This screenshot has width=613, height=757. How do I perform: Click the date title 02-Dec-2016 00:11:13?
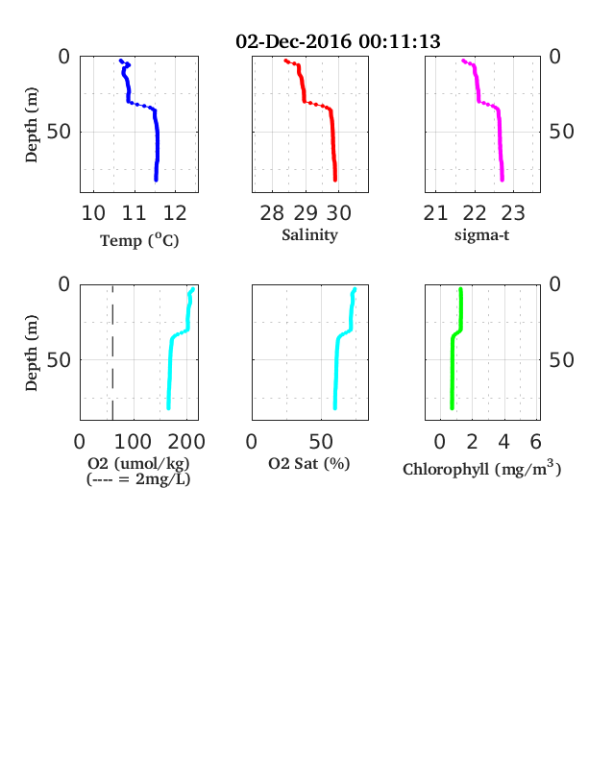[338, 41]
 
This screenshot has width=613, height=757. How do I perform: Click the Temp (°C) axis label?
[139, 240]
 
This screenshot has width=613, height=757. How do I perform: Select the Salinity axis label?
[309, 234]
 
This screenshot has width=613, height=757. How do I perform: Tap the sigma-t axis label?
[481, 235]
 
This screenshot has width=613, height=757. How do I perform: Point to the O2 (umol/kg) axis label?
[138, 463]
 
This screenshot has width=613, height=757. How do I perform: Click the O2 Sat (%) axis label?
[309, 463]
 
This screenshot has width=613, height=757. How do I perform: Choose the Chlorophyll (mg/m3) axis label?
[481, 469]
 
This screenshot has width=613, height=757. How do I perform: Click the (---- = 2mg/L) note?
[138, 479]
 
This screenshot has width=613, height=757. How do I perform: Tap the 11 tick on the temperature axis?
[134, 213]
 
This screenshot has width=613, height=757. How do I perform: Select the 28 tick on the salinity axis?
[272, 213]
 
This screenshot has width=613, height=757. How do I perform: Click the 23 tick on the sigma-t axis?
[513, 213]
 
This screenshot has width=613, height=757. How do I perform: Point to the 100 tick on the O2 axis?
[133, 442]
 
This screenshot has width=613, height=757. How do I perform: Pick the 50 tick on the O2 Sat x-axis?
[321, 442]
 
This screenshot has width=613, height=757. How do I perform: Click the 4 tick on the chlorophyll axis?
[503, 442]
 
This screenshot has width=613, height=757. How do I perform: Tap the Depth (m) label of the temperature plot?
[31, 125]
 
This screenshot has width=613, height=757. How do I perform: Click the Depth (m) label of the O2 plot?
[31, 353]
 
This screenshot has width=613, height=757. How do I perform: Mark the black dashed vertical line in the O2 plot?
[112, 353]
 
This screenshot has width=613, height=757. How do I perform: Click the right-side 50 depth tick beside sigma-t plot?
[561, 132]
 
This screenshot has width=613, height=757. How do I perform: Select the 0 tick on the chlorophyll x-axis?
[440, 442]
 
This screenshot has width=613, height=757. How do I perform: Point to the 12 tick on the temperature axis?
[175, 213]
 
